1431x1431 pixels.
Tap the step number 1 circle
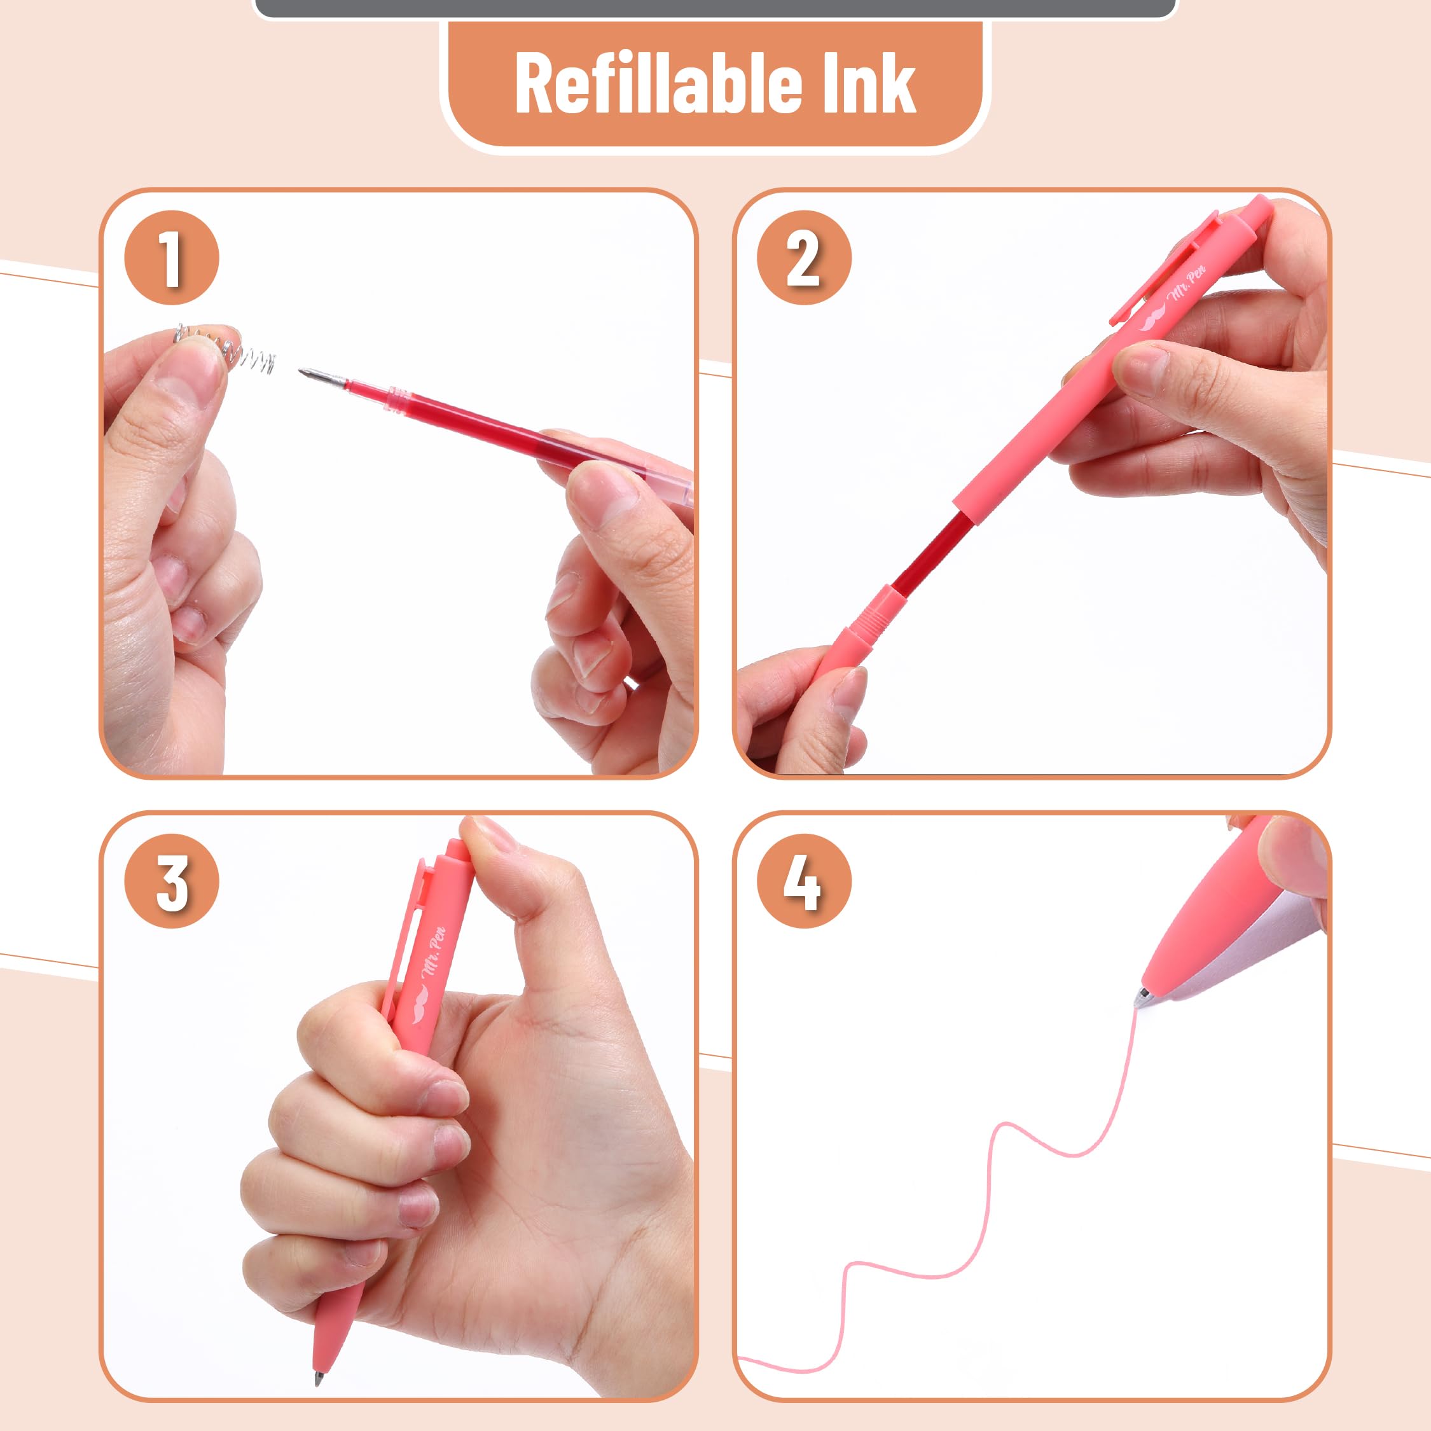pos(172,258)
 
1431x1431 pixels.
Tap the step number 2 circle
pos(805,258)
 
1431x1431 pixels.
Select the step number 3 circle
pos(172,881)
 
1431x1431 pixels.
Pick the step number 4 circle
pos(805,881)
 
